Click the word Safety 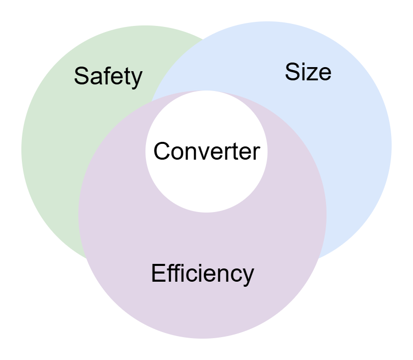108,76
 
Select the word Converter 206,151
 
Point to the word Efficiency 202,274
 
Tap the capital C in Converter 162,151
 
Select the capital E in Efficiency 158,273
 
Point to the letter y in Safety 136,78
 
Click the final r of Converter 256,153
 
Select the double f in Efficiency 173,273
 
